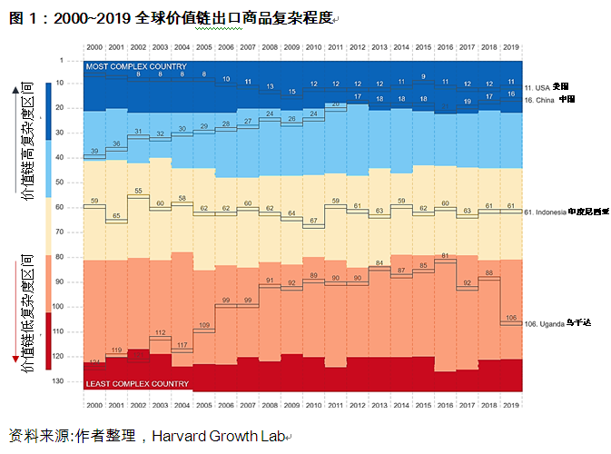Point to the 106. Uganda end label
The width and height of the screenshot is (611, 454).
point(557,322)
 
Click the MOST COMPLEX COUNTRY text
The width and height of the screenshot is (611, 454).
point(136,66)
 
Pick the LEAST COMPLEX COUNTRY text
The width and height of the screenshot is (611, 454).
point(137,384)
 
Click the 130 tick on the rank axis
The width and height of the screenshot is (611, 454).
point(73,380)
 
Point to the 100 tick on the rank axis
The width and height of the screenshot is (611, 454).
point(73,306)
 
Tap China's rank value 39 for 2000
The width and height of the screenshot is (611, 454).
point(94,152)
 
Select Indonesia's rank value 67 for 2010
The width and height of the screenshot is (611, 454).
point(313,221)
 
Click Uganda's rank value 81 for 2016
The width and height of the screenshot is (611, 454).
point(445,256)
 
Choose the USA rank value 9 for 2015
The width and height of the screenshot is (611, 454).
point(423,77)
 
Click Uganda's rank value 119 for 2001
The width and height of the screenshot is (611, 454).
point(116,350)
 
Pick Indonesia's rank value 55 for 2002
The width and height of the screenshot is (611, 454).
point(138,192)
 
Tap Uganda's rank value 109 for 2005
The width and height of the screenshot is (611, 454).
point(204,324)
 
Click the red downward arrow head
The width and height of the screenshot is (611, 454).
point(15,361)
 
